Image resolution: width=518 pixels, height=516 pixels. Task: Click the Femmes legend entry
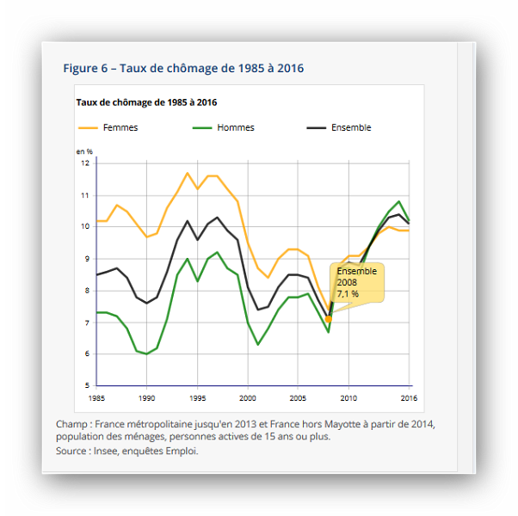(120, 127)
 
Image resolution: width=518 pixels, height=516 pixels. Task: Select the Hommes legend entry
(235, 127)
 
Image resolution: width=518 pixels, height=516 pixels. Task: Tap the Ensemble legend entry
(350, 127)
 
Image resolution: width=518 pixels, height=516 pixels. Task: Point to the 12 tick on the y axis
(85, 163)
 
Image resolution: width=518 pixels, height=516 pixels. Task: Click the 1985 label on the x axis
(97, 398)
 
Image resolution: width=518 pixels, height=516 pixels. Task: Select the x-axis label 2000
(249, 398)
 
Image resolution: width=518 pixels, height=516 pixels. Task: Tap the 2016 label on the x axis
(410, 398)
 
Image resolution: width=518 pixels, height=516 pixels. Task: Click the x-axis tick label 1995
(198, 398)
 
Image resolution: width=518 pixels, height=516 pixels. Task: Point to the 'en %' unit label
(84, 151)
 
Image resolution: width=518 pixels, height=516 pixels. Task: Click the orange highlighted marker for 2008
(329, 319)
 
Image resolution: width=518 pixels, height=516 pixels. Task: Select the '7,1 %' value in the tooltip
(348, 293)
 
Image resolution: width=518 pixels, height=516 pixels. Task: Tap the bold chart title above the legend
(146, 101)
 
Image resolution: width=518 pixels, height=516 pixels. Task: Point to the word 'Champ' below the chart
(73, 424)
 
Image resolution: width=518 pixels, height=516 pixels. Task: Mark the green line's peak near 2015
(399, 201)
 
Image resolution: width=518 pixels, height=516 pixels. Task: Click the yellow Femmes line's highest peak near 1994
(188, 173)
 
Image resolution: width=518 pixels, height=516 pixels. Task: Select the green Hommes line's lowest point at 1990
(147, 353)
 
